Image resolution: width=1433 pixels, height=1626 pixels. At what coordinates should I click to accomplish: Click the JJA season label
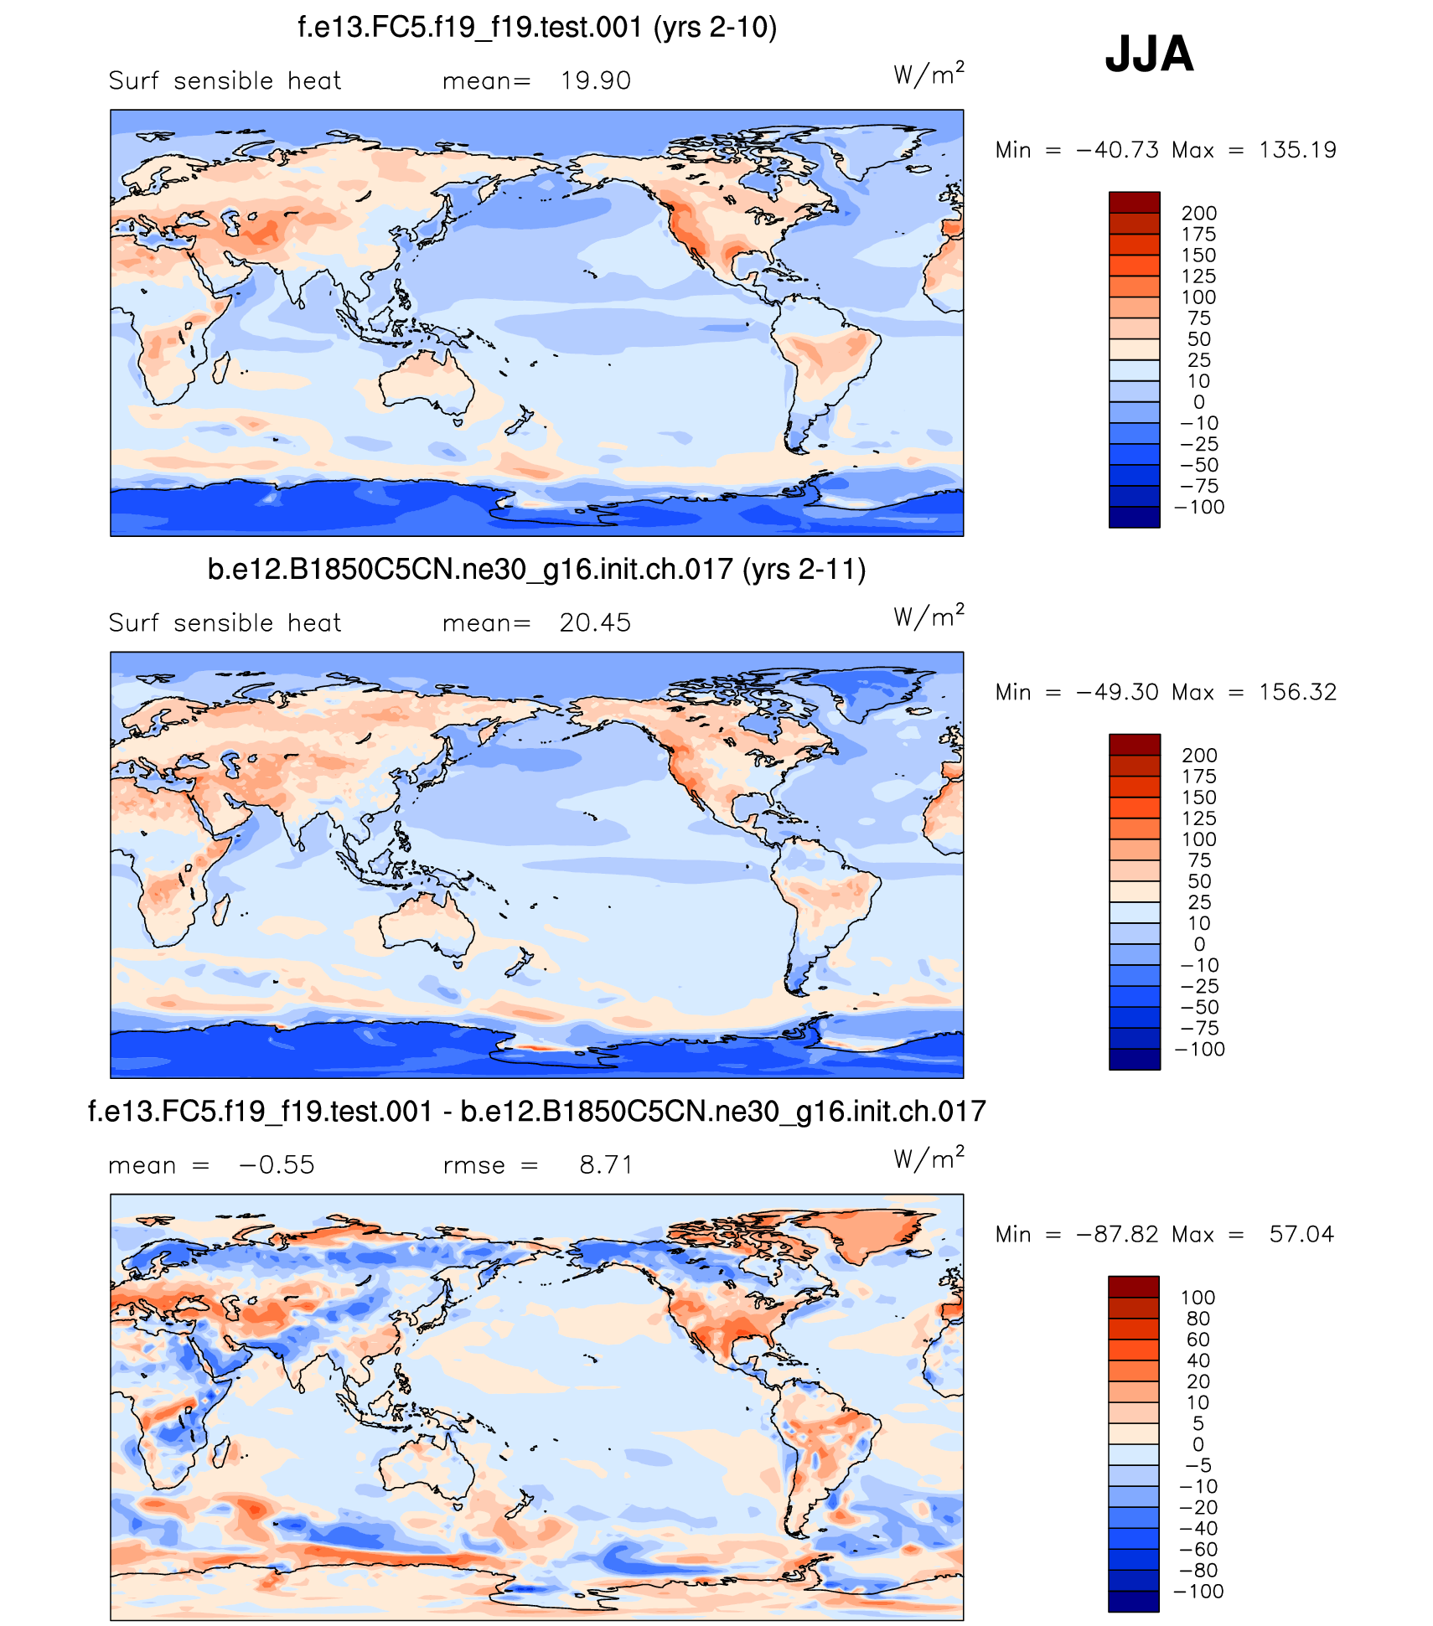(x=1148, y=54)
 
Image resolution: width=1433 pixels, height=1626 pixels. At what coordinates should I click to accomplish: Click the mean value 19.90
(x=595, y=81)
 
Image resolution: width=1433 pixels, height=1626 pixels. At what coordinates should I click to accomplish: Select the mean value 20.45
(x=595, y=623)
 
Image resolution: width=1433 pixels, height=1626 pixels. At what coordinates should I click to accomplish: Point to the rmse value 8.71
(x=606, y=1165)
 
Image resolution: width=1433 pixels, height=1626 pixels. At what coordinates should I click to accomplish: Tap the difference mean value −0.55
(x=277, y=1165)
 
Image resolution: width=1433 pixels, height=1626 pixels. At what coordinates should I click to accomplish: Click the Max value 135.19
(x=1297, y=151)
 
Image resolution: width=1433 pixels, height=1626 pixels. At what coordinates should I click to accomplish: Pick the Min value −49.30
(x=1118, y=693)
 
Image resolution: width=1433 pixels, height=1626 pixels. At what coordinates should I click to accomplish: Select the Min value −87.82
(x=1118, y=1235)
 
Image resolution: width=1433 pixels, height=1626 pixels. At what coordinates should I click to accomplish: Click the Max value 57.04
(x=1301, y=1235)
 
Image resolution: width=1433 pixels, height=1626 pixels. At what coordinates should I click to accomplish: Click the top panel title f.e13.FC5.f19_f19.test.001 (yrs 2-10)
(x=537, y=28)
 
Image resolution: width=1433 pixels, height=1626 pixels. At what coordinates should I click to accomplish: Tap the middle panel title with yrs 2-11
(x=536, y=570)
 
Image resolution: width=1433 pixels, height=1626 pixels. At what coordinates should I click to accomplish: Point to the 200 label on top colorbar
(x=1198, y=214)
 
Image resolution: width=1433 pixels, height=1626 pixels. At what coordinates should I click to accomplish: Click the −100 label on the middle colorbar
(x=1200, y=1050)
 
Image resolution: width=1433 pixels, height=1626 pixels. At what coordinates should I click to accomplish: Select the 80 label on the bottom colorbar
(x=1198, y=1319)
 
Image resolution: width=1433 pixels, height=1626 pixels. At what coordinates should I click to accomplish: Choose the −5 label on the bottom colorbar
(x=1198, y=1465)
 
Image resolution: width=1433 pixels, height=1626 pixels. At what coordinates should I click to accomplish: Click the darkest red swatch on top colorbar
(x=1134, y=202)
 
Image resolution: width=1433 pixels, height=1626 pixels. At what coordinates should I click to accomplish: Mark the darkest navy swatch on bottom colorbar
(x=1133, y=1601)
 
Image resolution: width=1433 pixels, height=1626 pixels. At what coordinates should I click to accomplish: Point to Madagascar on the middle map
(x=221, y=910)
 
